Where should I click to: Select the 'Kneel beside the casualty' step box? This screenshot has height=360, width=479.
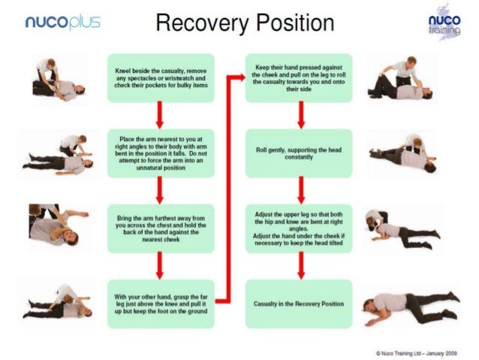(x=160, y=77)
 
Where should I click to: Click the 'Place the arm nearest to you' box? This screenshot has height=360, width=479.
(x=160, y=153)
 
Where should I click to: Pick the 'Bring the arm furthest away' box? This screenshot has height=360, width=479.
(x=160, y=228)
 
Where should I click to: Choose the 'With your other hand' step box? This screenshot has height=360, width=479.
(x=160, y=303)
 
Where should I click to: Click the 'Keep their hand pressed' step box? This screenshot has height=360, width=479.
(x=299, y=77)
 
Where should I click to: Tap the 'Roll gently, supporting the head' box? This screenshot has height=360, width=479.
(x=299, y=153)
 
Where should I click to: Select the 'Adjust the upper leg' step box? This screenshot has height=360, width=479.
(x=299, y=228)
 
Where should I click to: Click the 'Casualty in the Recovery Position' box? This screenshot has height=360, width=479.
(x=299, y=303)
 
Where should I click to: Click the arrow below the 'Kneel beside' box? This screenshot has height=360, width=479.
(x=160, y=115)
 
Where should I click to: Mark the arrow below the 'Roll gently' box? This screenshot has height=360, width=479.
(x=300, y=190)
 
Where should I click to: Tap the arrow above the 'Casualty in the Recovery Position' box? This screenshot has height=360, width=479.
(x=300, y=265)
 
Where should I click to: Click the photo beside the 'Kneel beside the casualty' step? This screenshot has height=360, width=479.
(x=58, y=79)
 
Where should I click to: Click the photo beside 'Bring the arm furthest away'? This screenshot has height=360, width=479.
(x=56, y=227)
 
